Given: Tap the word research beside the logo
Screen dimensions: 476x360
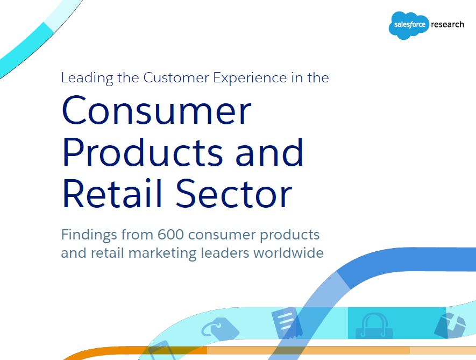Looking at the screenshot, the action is coord(447,24).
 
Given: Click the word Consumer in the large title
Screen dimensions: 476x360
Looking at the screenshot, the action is coord(157,110).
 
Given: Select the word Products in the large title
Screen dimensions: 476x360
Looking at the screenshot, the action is coord(143,152).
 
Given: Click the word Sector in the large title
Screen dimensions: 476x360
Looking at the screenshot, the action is coord(234,193).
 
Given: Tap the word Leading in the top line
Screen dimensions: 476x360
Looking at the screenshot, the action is coord(87,78).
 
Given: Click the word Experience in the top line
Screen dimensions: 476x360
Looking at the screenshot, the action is coord(250,78).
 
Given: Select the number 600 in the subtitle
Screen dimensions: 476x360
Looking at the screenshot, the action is coord(170,235).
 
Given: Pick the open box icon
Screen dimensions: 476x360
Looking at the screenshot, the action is coord(450,326).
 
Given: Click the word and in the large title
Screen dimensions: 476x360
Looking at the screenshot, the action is coord(269,152).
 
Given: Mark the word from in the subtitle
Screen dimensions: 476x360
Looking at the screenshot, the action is coord(137,235).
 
